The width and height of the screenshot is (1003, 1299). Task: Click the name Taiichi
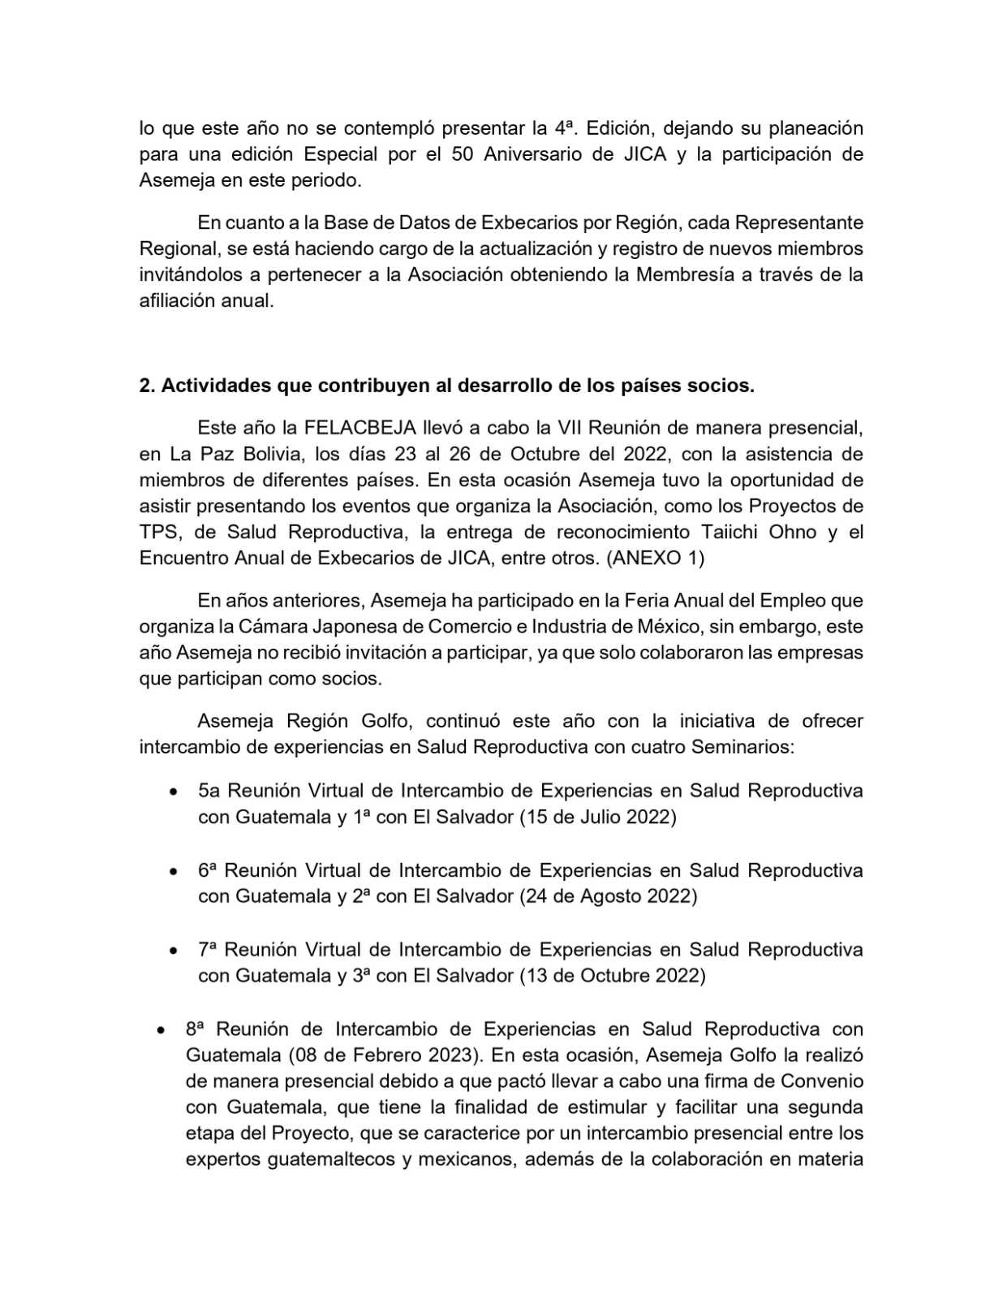(748, 532)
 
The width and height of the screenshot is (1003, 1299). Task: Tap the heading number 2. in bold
(147, 386)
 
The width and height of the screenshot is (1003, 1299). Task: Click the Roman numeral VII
(571, 427)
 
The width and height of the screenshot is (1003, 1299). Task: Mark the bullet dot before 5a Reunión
(174, 792)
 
